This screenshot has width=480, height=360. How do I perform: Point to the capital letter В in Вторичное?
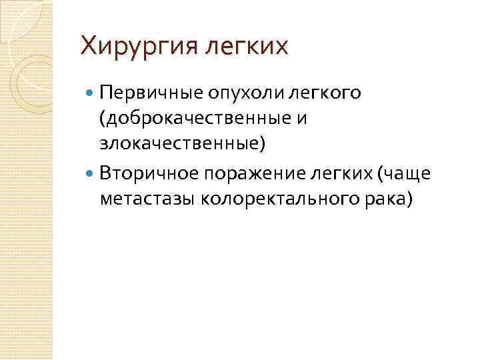[106, 173]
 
